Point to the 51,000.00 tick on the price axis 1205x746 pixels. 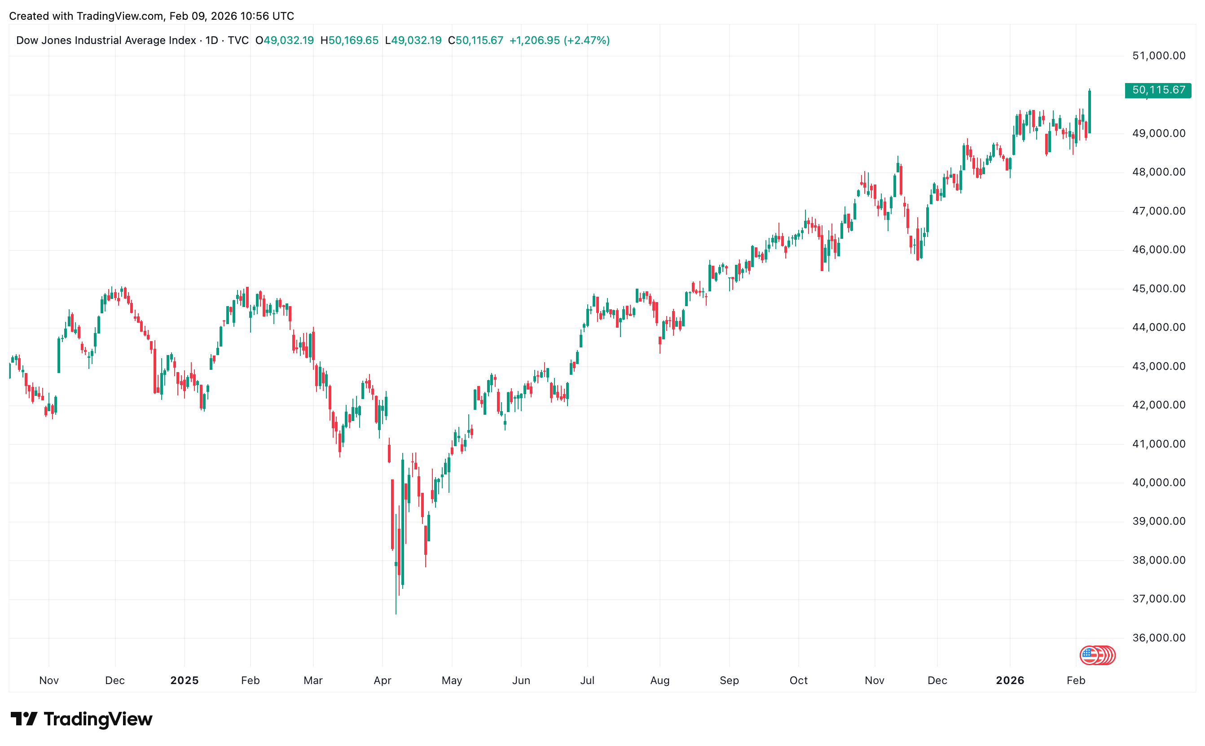tap(1158, 56)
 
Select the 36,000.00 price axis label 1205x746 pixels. tap(1158, 638)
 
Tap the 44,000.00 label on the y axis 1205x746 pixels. tap(1158, 328)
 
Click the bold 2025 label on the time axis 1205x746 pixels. tap(184, 680)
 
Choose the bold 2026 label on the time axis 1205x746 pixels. tap(1010, 680)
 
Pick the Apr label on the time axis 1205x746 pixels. tap(383, 680)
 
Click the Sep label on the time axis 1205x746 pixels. tap(729, 680)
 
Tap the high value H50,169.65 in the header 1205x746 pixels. tap(349, 40)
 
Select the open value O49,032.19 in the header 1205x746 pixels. tap(284, 40)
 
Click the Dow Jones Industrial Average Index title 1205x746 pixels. tap(106, 40)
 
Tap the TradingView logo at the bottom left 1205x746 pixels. tap(81, 719)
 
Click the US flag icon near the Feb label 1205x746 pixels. tap(1089, 655)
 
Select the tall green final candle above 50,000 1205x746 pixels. tap(1089, 111)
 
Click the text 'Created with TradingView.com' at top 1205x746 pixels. tap(86, 16)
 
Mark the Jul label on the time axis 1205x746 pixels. tap(587, 680)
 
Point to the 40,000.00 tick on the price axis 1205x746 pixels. tap(1158, 483)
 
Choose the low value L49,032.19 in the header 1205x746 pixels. tap(413, 40)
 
